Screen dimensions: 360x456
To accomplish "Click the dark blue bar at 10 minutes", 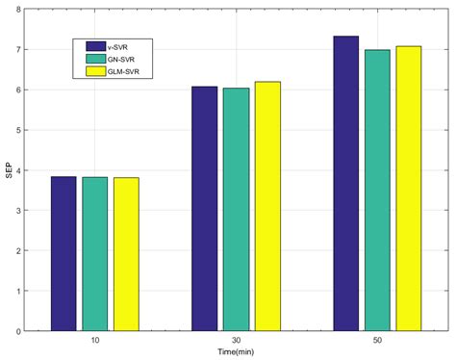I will point(63,254).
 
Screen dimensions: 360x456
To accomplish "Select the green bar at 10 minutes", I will point(94,254).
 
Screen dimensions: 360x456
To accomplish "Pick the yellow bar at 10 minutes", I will point(126,254).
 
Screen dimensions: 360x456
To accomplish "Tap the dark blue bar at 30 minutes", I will point(204,209).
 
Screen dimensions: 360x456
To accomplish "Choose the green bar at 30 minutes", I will point(236,210).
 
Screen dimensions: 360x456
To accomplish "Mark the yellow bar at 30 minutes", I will point(267,206).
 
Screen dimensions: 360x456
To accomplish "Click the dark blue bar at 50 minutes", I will point(345,184).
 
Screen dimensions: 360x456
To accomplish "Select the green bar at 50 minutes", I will point(377,191).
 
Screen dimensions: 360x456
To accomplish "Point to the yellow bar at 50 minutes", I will point(409,189).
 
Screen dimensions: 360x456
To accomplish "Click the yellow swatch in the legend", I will point(95,70).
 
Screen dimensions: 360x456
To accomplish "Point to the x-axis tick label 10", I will point(94,340).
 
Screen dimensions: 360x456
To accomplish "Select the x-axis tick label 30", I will point(236,340).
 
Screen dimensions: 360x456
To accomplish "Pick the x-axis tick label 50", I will point(377,340).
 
